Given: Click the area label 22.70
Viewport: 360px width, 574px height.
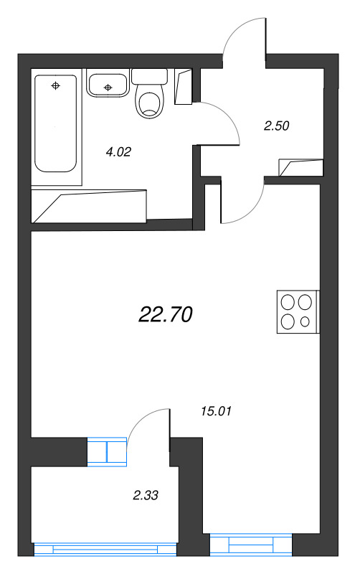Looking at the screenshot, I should point(165,314).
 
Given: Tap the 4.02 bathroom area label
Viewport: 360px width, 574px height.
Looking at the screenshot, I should point(119,151).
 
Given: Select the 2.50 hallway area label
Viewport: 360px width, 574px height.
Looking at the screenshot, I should point(276,126).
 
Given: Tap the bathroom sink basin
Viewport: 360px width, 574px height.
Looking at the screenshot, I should point(108,85).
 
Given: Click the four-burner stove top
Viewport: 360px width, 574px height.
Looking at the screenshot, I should point(297,312).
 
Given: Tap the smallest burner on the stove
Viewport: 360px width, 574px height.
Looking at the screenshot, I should point(305,321).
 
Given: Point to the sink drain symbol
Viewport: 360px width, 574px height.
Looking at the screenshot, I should point(108,88).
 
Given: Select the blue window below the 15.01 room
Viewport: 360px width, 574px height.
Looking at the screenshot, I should point(252,545).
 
